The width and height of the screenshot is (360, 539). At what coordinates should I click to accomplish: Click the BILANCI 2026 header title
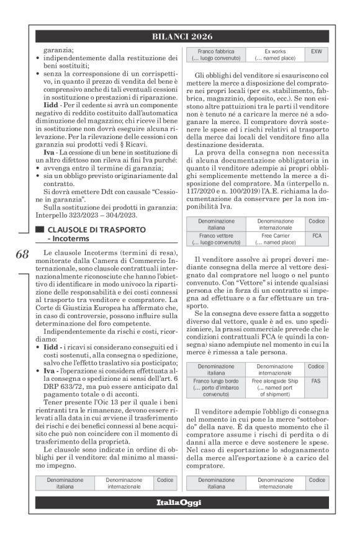coord(179,37)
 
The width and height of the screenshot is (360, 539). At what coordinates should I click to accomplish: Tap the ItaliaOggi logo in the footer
coord(179,502)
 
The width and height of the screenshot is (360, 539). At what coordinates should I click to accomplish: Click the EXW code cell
coord(317,54)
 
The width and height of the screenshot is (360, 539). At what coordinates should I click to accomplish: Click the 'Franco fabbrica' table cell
coord(216,54)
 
